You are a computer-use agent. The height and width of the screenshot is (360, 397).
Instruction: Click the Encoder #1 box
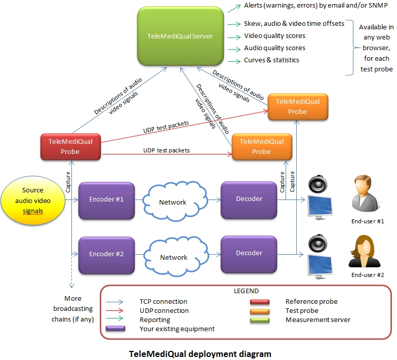(x=106, y=199)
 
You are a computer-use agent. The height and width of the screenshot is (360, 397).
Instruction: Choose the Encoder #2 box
(x=106, y=254)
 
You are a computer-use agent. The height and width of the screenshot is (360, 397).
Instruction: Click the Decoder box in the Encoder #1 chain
(x=249, y=199)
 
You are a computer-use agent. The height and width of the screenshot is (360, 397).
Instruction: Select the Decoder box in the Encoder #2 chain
(x=249, y=253)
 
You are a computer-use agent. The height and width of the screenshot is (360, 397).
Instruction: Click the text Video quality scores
(x=274, y=36)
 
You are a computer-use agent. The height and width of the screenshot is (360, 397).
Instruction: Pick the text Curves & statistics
(x=271, y=60)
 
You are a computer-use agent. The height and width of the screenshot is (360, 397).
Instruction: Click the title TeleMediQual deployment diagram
(x=200, y=353)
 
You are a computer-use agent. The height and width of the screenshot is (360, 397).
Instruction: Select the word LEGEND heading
(x=246, y=291)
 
